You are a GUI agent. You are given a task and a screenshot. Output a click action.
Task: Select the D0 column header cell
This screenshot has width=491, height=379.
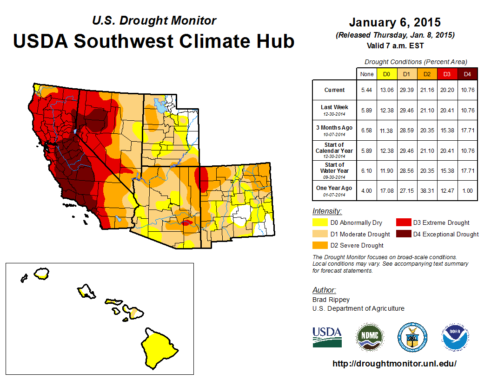(386, 74)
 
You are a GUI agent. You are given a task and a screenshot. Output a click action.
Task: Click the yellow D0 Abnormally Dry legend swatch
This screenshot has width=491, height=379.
(320, 223)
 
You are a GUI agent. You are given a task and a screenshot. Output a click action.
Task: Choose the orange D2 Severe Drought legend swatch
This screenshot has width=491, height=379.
(320, 245)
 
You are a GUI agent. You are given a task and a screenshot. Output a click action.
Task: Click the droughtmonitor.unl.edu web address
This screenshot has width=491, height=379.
(394, 364)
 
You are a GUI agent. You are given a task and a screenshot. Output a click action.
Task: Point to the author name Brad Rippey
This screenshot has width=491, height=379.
(331, 300)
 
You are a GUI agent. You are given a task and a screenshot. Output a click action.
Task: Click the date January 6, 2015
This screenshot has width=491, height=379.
(395, 23)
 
